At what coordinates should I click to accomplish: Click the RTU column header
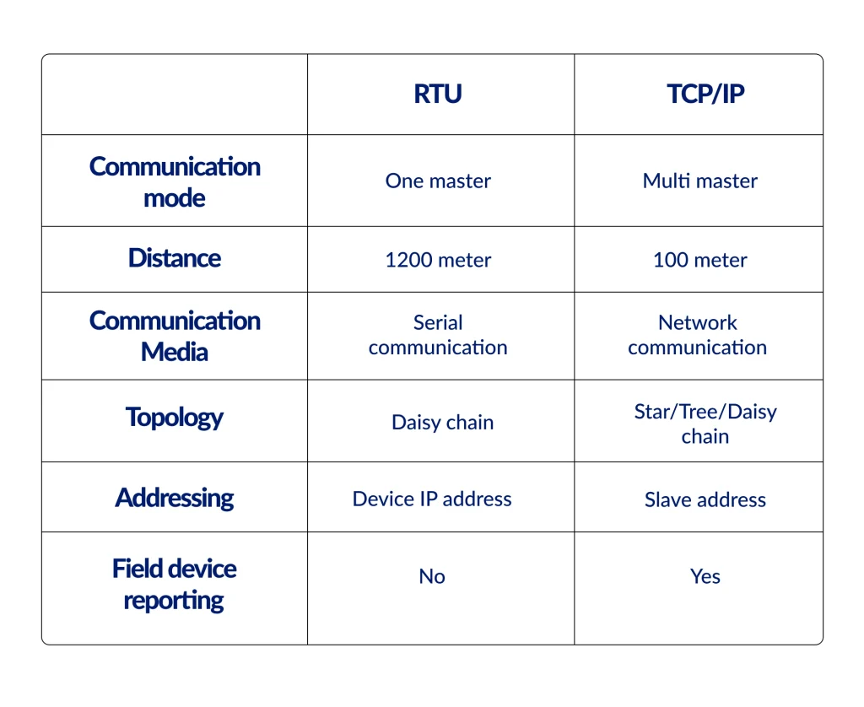438,94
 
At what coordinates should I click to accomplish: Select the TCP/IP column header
705,94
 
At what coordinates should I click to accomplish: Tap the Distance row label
175,258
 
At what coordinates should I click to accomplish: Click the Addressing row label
175,498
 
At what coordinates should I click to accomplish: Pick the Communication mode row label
175,182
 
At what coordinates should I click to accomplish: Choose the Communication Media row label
175,336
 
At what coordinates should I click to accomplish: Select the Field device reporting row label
175,585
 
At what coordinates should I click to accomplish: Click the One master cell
438,181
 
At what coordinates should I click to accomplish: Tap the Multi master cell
699,181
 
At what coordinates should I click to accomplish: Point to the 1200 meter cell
438,260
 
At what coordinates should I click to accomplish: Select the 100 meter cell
699,260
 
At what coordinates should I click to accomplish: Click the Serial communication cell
438,335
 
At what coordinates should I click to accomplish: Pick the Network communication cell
698,335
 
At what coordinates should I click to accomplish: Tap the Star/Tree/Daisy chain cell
705,424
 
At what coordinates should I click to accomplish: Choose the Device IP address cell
432,499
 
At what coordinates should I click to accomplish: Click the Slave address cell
705,499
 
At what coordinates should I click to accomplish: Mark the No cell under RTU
432,576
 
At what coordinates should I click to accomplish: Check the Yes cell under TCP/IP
705,576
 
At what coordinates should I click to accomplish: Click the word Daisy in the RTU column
416,423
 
